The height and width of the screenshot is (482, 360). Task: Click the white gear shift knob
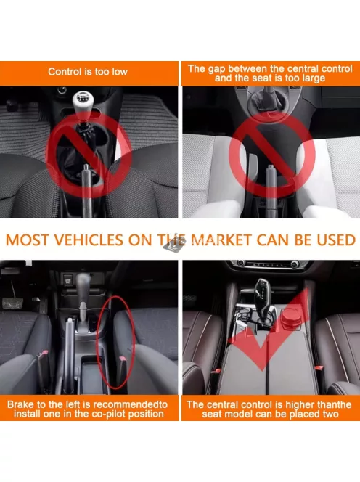click(83, 102)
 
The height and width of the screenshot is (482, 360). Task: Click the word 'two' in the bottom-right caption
click(330, 414)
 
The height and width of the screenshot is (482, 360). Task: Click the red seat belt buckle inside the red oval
click(123, 359)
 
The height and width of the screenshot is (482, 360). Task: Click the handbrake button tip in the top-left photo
click(86, 167)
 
